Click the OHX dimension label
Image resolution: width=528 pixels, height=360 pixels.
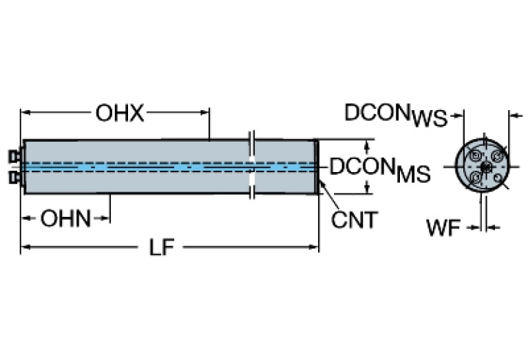click(120, 112)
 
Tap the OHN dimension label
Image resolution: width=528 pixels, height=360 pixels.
click(65, 219)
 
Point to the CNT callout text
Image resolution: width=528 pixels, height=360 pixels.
click(355, 220)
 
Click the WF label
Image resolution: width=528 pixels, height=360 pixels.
click(442, 228)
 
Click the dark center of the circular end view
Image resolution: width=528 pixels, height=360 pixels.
click(485, 167)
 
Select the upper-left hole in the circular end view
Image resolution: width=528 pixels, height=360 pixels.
click(474, 156)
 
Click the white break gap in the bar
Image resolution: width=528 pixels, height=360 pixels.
click(252, 166)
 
